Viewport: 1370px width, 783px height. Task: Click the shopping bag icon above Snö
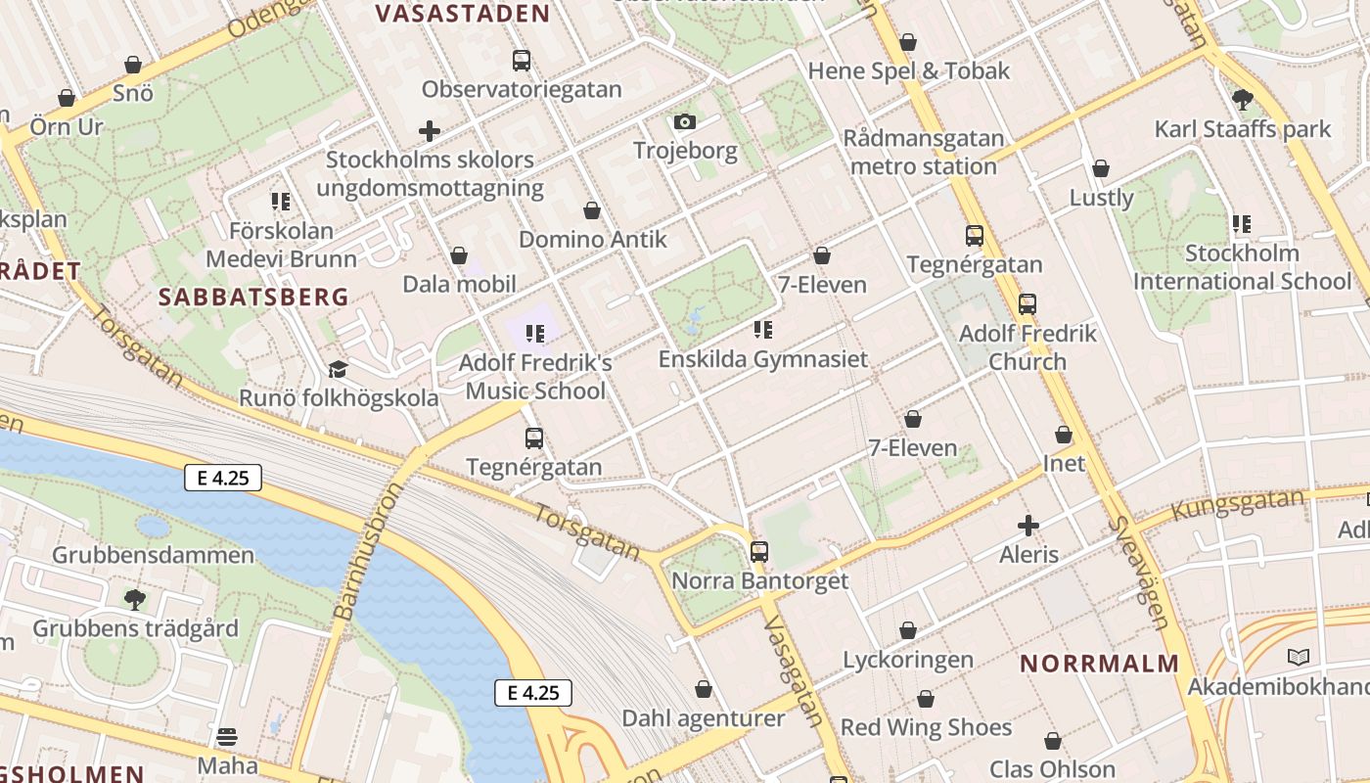click(133, 66)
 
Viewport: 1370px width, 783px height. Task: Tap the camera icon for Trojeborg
click(685, 122)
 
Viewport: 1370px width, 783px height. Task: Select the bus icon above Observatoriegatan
click(522, 61)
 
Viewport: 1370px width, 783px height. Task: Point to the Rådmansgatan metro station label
click(924, 153)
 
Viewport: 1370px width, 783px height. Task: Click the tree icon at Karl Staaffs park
click(1243, 99)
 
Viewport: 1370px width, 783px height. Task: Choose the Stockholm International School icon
click(1242, 224)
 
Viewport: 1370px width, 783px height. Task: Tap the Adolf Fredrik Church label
click(1027, 347)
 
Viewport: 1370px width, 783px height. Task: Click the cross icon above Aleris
click(1028, 526)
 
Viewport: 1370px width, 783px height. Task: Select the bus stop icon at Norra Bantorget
click(759, 552)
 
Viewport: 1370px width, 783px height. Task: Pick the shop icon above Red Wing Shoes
click(926, 699)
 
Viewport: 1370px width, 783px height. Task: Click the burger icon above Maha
click(227, 736)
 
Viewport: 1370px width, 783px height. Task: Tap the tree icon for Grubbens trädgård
click(135, 599)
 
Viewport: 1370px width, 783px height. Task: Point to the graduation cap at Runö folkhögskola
click(338, 369)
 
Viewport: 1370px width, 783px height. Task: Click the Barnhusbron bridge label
click(354, 551)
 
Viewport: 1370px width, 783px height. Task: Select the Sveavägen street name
click(1140, 573)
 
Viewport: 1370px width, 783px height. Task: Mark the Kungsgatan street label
click(1238, 504)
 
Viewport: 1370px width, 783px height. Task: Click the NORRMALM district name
click(1100, 664)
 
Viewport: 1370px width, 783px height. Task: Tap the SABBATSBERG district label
click(253, 297)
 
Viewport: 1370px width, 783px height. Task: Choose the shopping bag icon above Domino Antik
click(592, 210)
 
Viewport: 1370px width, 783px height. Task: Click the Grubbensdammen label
click(153, 555)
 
